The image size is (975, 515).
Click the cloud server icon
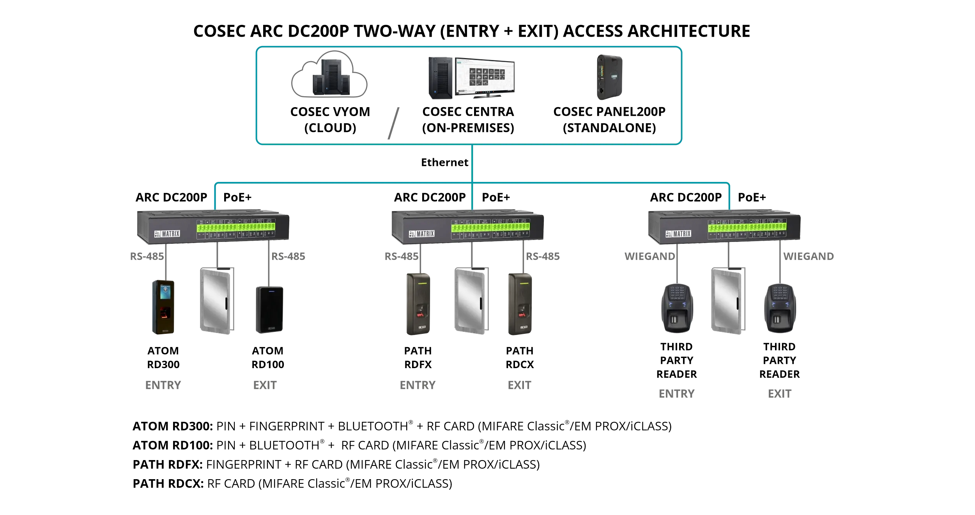[x=329, y=75]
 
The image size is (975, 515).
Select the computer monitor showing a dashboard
[x=485, y=77]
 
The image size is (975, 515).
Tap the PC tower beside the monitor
[x=441, y=78]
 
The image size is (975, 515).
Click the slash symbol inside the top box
[x=393, y=123]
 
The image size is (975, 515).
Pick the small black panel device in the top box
[x=610, y=77]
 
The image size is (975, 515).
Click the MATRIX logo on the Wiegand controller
[x=679, y=234]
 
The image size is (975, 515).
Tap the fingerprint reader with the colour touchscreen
[x=163, y=307]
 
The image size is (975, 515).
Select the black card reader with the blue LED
[x=269, y=310]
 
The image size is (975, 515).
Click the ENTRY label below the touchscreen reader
[x=163, y=385]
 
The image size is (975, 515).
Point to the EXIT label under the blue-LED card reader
[x=265, y=385]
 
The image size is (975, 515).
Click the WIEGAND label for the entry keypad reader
[x=649, y=256]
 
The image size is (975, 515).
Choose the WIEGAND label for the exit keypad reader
[x=809, y=256]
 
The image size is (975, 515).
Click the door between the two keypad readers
[x=728, y=301]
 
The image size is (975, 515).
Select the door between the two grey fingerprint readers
[x=471, y=301]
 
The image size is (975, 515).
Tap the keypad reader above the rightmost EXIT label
[x=780, y=308]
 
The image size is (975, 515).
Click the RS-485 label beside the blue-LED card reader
[x=288, y=256]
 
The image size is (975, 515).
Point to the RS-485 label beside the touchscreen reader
[x=147, y=256]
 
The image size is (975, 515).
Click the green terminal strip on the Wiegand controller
[x=747, y=227]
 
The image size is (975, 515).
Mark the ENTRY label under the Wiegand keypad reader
[x=676, y=393]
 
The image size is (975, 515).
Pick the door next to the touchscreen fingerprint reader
[x=217, y=301]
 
